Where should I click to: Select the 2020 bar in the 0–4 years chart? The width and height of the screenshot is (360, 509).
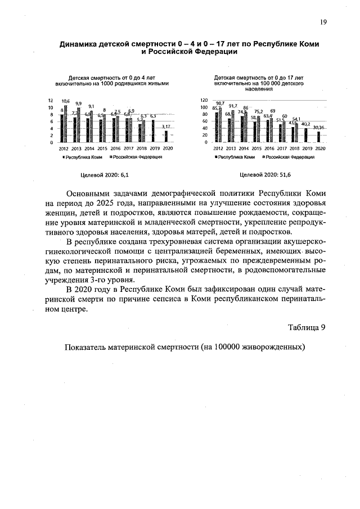[165, 137]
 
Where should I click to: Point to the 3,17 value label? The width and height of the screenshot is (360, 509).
[165, 127]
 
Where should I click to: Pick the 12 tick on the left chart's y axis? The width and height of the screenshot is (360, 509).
[51, 100]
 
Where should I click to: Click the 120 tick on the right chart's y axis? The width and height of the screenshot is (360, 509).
[205, 100]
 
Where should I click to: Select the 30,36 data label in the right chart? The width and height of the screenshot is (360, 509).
[319, 128]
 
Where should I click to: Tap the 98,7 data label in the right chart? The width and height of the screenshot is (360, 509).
[220, 103]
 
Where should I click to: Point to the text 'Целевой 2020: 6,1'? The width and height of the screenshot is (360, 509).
[101, 175]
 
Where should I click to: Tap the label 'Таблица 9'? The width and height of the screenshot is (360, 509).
[307, 327]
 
